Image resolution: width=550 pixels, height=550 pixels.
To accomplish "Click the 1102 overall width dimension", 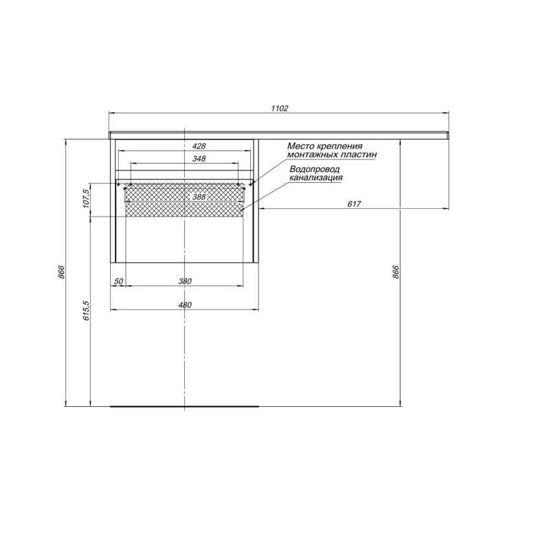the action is (279, 108).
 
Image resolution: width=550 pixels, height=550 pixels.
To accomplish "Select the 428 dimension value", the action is (199, 146).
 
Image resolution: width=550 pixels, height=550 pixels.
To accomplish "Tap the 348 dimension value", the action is (199, 159).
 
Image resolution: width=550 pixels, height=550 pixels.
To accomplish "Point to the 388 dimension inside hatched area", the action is (199, 197).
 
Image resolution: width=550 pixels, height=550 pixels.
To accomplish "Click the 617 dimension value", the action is (354, 203).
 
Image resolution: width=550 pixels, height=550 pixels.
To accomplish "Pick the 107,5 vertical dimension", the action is (87, 199).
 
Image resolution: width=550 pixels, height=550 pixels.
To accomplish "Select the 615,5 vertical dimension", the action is (87, 311).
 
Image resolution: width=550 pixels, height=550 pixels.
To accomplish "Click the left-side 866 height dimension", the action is (61, 272).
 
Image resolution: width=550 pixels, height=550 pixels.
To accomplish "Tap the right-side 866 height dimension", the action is (396, 272).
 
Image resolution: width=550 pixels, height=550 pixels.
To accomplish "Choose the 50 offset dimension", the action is (118, 281).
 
